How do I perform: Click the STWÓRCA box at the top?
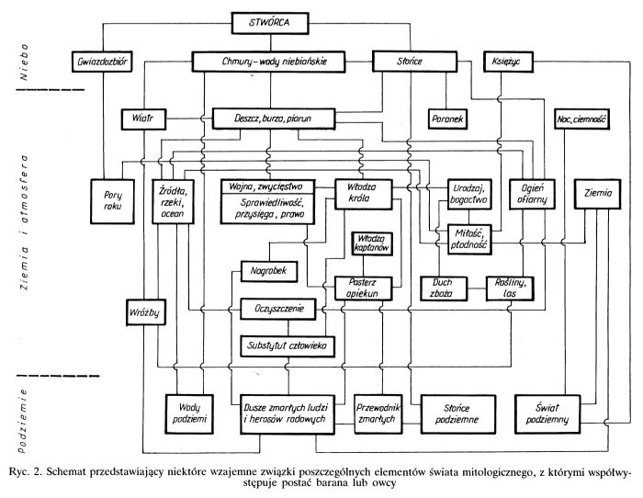coord(270,23)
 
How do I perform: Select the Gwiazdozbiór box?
coord(102,62)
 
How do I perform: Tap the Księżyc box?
coord(509,62)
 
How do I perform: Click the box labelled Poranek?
coord(447,119)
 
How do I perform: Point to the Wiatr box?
coord(143,119)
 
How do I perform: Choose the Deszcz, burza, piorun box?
coord(274,119)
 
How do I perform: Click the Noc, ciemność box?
coord(581,119)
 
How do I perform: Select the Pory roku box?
coord(112,201)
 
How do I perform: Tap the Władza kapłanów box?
coord(372,243)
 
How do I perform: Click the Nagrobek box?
coord(269,271)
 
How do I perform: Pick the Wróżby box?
coord(145,312)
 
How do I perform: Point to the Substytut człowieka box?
coord(287,346)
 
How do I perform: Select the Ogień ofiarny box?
coord(532,194)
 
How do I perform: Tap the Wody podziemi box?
coord(189,413)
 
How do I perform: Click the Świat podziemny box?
coord(547,413)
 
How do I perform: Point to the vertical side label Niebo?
coord(25,62)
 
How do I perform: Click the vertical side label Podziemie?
coord(23,421)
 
